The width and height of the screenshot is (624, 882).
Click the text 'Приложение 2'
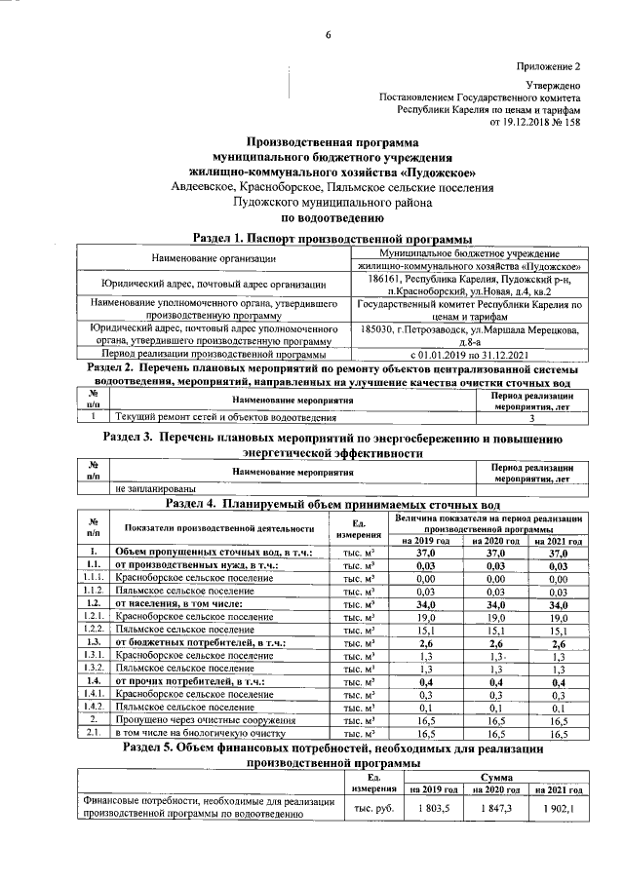tap(548, 66)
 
